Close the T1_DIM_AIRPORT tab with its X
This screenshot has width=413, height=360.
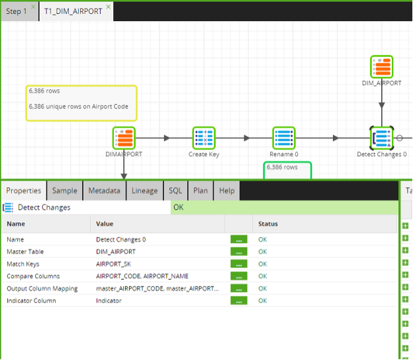click(x=109, y=7)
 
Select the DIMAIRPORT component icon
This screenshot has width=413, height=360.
click(x=124, y=138)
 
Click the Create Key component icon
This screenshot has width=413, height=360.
click(x=204, y=138)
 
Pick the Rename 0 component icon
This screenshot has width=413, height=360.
click(x=284, y=138)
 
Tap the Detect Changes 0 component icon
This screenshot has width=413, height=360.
click(x=382, y=138)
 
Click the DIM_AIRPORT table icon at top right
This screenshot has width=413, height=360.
click(x=382, y=67)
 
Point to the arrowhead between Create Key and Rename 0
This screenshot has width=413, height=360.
click(x=247, y=138)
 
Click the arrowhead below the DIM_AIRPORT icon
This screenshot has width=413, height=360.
click(x=382, y=105)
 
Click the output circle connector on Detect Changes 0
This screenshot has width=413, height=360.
click(x=399, y=138)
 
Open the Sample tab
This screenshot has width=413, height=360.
click(x=65, y=191)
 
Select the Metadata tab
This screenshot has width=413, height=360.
click(x=105, y=191)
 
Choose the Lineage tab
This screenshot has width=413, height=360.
click(x=144, y=191)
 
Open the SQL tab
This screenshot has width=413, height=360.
click(x=175, y=191)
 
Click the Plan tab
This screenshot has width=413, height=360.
click(x=201, y=191)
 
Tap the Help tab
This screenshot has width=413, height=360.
click(x=227, y=191)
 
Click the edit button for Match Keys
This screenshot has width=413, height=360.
click(x=239, y=264)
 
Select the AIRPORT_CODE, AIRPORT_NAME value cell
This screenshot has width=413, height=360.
click(x=142, y=276)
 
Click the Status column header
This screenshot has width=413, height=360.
click(x=268, y=224)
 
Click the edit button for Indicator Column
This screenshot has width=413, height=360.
click(x=239, y=300)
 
